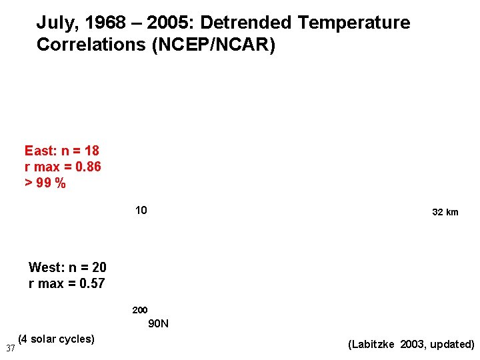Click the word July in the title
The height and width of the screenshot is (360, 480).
tap(54, 23)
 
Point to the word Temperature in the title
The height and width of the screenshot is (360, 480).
tap(354, 23)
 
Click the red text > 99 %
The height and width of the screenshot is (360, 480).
tap(45, 183)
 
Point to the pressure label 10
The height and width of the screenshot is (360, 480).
tap(141, 211)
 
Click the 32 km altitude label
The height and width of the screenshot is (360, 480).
tap(445, 212)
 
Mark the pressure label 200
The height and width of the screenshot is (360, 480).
tap(140, 310)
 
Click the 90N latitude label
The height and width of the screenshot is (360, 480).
tap(158, 324)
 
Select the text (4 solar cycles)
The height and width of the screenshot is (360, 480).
tap(57, 339)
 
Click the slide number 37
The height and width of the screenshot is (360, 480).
tap(10, 348)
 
